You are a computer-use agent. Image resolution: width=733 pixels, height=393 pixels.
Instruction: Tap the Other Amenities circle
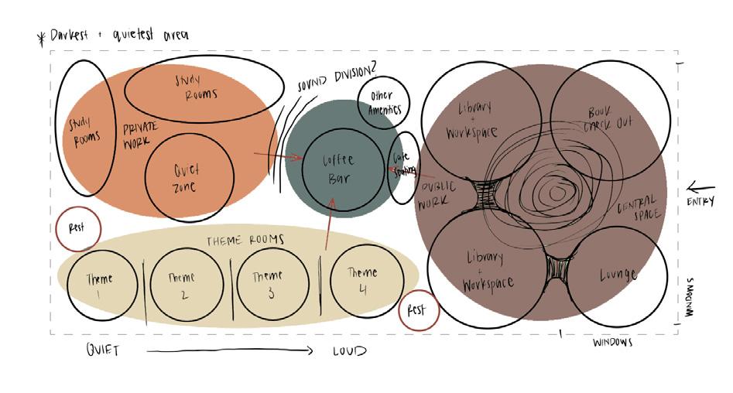pyautogui.click(x=383, y=104)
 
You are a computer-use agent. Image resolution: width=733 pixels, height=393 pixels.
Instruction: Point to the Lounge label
pyautogui.click(x=617, y=274)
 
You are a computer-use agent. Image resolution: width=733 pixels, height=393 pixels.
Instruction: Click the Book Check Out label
pyautogui.click(x=608, y=117)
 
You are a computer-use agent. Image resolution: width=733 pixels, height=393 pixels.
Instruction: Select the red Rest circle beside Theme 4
pyautogui.click(x=418, y=312)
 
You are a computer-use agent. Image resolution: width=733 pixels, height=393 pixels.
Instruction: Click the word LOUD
pyautogui.click(x=349, y=350)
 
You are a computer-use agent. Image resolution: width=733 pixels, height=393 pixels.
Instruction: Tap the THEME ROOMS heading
pyautogui.click(x=245, y=241)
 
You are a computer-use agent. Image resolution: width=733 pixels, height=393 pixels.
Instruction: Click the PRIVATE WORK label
pyautogui.click(x=140, y=136)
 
